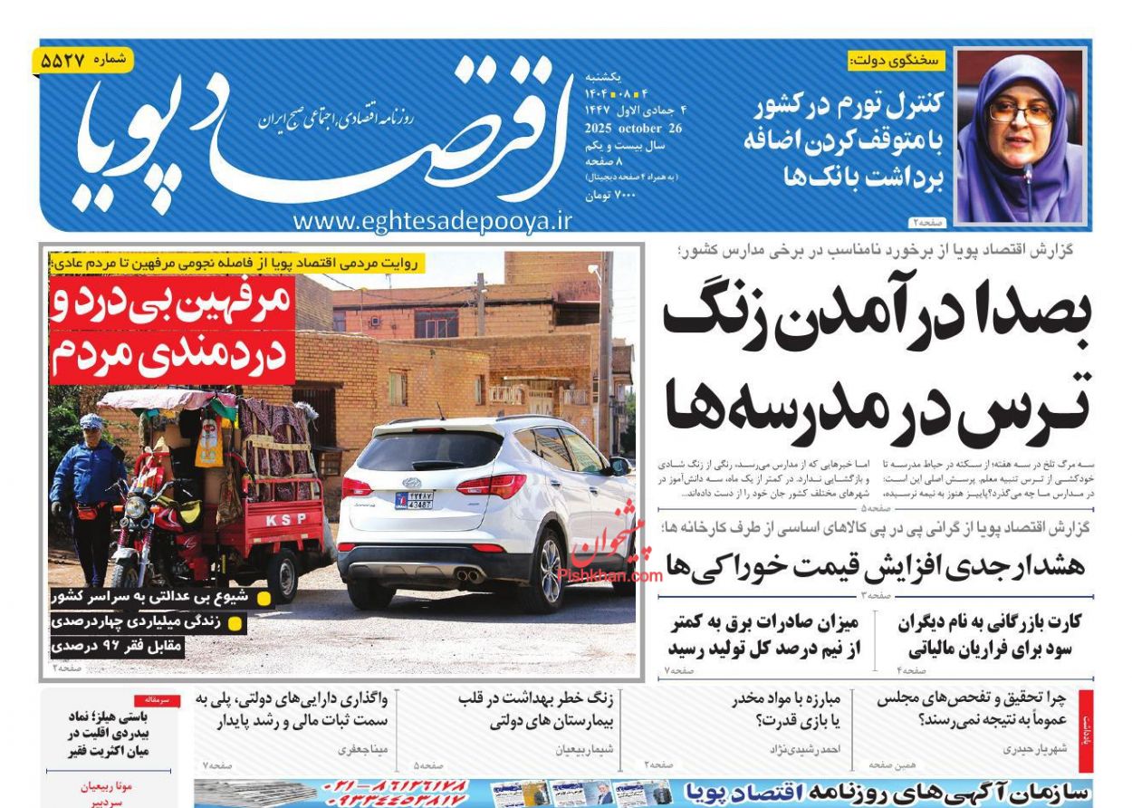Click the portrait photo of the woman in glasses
1020,136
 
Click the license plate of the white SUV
414,500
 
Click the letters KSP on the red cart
286,519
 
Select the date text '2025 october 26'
633,128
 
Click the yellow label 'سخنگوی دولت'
896,62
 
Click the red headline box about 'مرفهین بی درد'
172,330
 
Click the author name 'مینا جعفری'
363,749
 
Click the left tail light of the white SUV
357,487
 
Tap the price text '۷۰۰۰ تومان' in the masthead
614,195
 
